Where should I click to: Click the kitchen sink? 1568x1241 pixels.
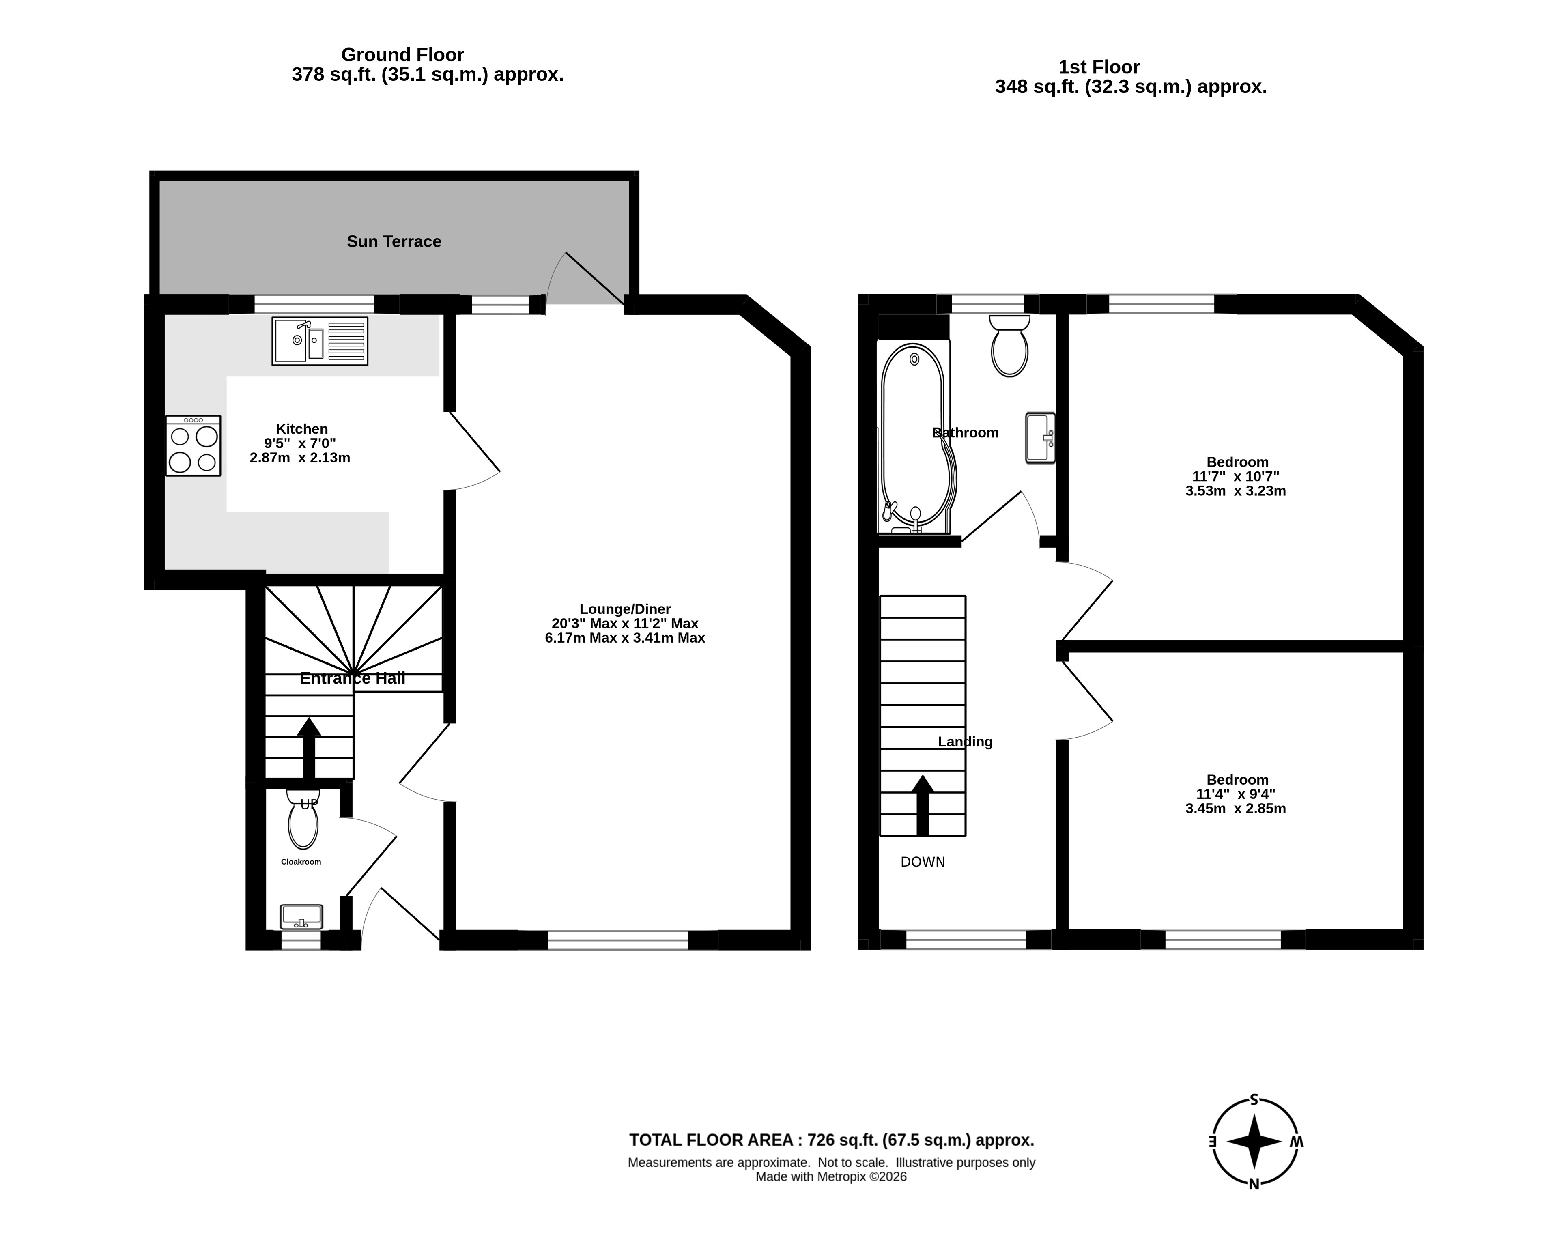pos(320,341)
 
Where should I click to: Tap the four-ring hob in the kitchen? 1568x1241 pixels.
pos(193,445)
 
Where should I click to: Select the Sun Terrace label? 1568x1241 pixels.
pos(394,241)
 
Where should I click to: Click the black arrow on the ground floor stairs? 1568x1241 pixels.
pos(309,748)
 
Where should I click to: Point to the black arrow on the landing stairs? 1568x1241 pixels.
pos(923,805)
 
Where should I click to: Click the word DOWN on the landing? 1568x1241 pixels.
pos(923,862)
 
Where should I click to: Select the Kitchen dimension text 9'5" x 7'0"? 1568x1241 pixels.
pos(300,443)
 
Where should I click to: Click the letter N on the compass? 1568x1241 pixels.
pos(1254,1184)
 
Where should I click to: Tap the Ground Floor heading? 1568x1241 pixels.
pos(402,54)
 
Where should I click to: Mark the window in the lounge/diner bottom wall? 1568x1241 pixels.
pos(617,940)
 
